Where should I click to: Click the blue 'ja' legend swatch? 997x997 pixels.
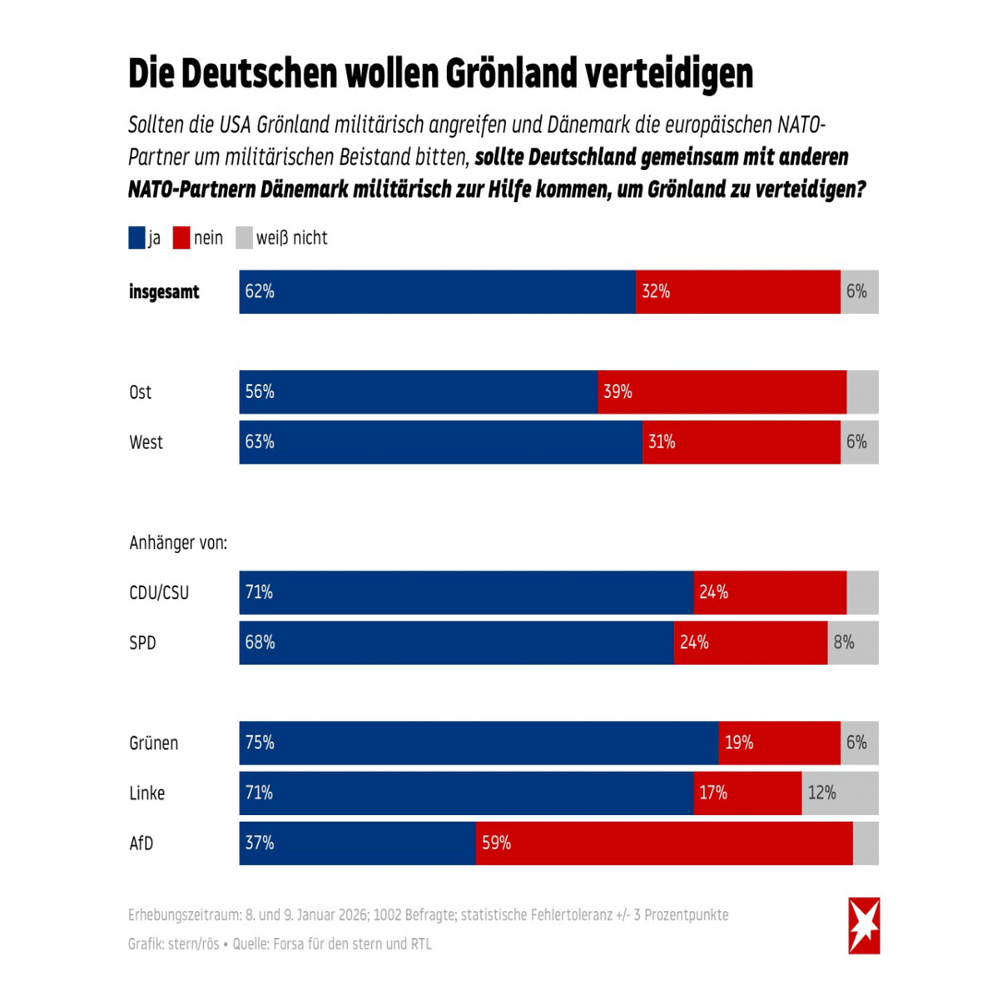pyautogui.click(x=137, y=238)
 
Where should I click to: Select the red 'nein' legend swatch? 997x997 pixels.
pyautogui.click(x=180, y=238)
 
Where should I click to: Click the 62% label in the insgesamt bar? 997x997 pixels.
pyautogui.click(x=260, y=292)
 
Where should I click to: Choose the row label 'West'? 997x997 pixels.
pyautogui.click(x=146, y=442)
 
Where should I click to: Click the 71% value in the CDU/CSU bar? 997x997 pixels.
pyautogui.click(x=259, y=593)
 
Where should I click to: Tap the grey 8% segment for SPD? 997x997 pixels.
pyautogui.click(x=852, y=643)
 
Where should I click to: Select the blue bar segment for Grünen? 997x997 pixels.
pyautogui.click(x=478, y=743)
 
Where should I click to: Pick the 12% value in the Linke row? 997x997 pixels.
pyautogui.click(x=822, y=793)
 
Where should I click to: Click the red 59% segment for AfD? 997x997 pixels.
pyautogui.click(x=664, y=843)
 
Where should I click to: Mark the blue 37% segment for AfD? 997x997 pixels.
pyautogui.click(x=357, y=843)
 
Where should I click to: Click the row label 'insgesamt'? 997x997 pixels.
pyautogui.click(x=164, y=293)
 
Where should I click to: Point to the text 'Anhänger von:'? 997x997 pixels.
pyautogui.click(x=178, y=544)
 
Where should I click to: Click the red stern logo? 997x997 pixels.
pyautogui.click(x=864, y=925)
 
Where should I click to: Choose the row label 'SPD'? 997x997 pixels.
pyautogui.click(x=142, y=643)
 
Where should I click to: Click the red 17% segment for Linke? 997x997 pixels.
pyautogui.click(x=747, y=793)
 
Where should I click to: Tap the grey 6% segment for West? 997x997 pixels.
pyautogui.click(x=859, y=442)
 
